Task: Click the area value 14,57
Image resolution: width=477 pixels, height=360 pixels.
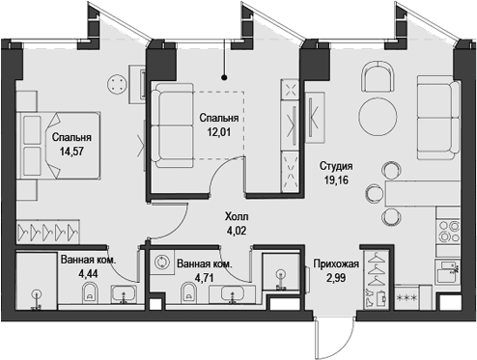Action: click(x=71, y=151)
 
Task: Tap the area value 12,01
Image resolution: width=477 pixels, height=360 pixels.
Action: click(x=219, y=131)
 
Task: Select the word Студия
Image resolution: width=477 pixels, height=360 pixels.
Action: click(x=336, y=166)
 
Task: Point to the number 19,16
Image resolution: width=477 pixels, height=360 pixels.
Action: click(x=336, y=180)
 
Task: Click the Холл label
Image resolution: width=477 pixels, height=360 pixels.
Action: click(x=237, y=216)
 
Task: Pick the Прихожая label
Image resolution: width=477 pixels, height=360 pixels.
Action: click(x=336, y=264)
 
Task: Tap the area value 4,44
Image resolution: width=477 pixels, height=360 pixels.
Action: click(x=88, y=274)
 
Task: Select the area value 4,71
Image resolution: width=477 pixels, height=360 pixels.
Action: click(x=205, y=278)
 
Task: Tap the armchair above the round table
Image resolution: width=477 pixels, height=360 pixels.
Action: click(x=378, y=76)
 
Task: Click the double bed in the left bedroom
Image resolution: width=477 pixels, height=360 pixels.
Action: click(x=61, y=145)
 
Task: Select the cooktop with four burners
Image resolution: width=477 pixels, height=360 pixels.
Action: click(x=449, y=232)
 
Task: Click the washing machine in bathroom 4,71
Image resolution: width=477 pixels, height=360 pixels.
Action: click(x=161, y=263)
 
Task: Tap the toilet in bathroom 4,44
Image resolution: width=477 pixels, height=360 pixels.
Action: click(x=91, y=291)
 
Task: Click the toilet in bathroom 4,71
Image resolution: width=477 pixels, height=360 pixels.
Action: click(x=188, y=291)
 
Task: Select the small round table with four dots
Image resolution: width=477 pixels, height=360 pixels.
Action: click(x=118, y=84)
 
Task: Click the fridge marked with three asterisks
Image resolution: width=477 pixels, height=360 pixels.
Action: click(x=408, y=298)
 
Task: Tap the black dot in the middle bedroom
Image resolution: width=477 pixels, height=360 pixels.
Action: click(x=224, y=77)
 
